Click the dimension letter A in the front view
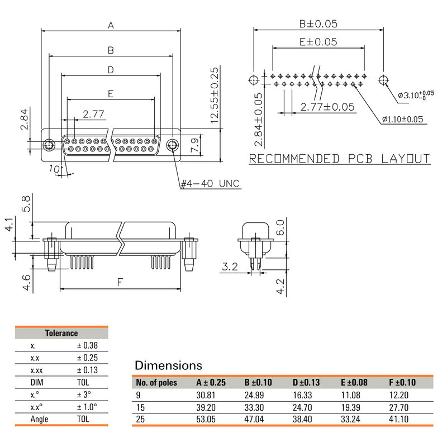pyautogui.click(x=111, y=25)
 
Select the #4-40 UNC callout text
pyautogui.click(x=211, y=183)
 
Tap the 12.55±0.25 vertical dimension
pyautogui.click(x=214, y=96)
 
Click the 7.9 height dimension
pyautogui.click(x=195, y=145)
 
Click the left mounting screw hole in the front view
pyautogui.click(x=49, y=145)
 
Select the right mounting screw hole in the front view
pyautogui.click(x=173, y=146)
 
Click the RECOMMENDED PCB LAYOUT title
pyautogui.click(x=339, y=159)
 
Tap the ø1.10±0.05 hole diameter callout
pyautogui.click(x=402, y=120)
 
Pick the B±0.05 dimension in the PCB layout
pyautogui.click(x=318, y=24)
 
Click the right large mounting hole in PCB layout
pyautogui.click(x=383, y=80)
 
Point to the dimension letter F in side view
pyautogui.click(x=120, y=283)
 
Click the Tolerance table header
pyautogui.click(x=61, y=333)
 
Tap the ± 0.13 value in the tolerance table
pyautogui.click(x=87, y=370)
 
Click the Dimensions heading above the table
pyautogui.click(x=168, y=365)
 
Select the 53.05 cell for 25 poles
pyautogui.click(x=207, y=419)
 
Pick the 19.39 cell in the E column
pyautogui.click(x=351, y=407)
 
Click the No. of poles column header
pyautogui.click(x=157, y=383)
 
